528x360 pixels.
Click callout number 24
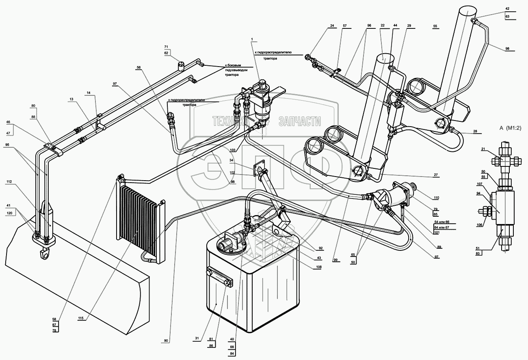click(332, 26)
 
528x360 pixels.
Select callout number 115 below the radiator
click(81, 318)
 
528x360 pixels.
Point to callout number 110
click(436, 198)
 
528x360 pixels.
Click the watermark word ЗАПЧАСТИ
click(299, 121)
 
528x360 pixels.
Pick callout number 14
click(88, 93)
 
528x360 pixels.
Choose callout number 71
click(166, 47)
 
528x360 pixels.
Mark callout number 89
click(439, 246)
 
